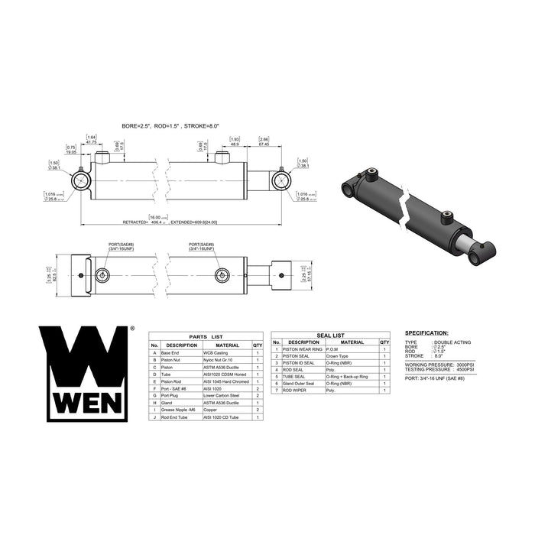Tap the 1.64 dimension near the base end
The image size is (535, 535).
[91, 138]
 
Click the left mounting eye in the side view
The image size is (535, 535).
[81, 182]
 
